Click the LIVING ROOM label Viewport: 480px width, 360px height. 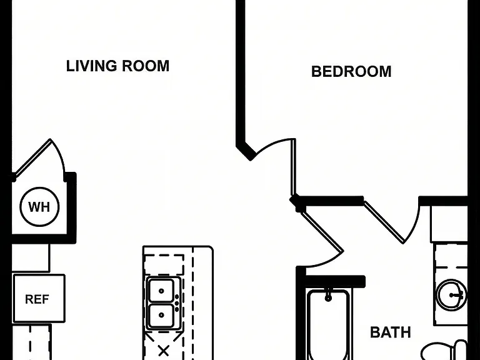[x=118, y=66]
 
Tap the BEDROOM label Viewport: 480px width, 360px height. [x=351, y=72]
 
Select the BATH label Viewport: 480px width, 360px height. [x=390, y=332]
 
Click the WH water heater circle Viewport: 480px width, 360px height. [x=39, y=207]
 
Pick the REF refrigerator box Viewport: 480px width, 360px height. [x=39, y=299]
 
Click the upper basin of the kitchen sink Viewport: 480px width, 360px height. [x=161, y=291]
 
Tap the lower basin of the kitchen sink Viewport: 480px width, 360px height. [x=161, y=315]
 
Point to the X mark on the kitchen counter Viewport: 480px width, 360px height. [x=164, y=351]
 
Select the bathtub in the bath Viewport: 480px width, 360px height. [x=328, y=325]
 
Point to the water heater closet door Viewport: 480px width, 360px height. [x=33, y=158]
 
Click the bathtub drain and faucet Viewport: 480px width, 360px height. [x=329, y=295]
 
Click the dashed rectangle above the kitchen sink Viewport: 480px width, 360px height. [x=164, y=264]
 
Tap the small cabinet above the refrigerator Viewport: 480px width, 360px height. [x=30, y=257]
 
